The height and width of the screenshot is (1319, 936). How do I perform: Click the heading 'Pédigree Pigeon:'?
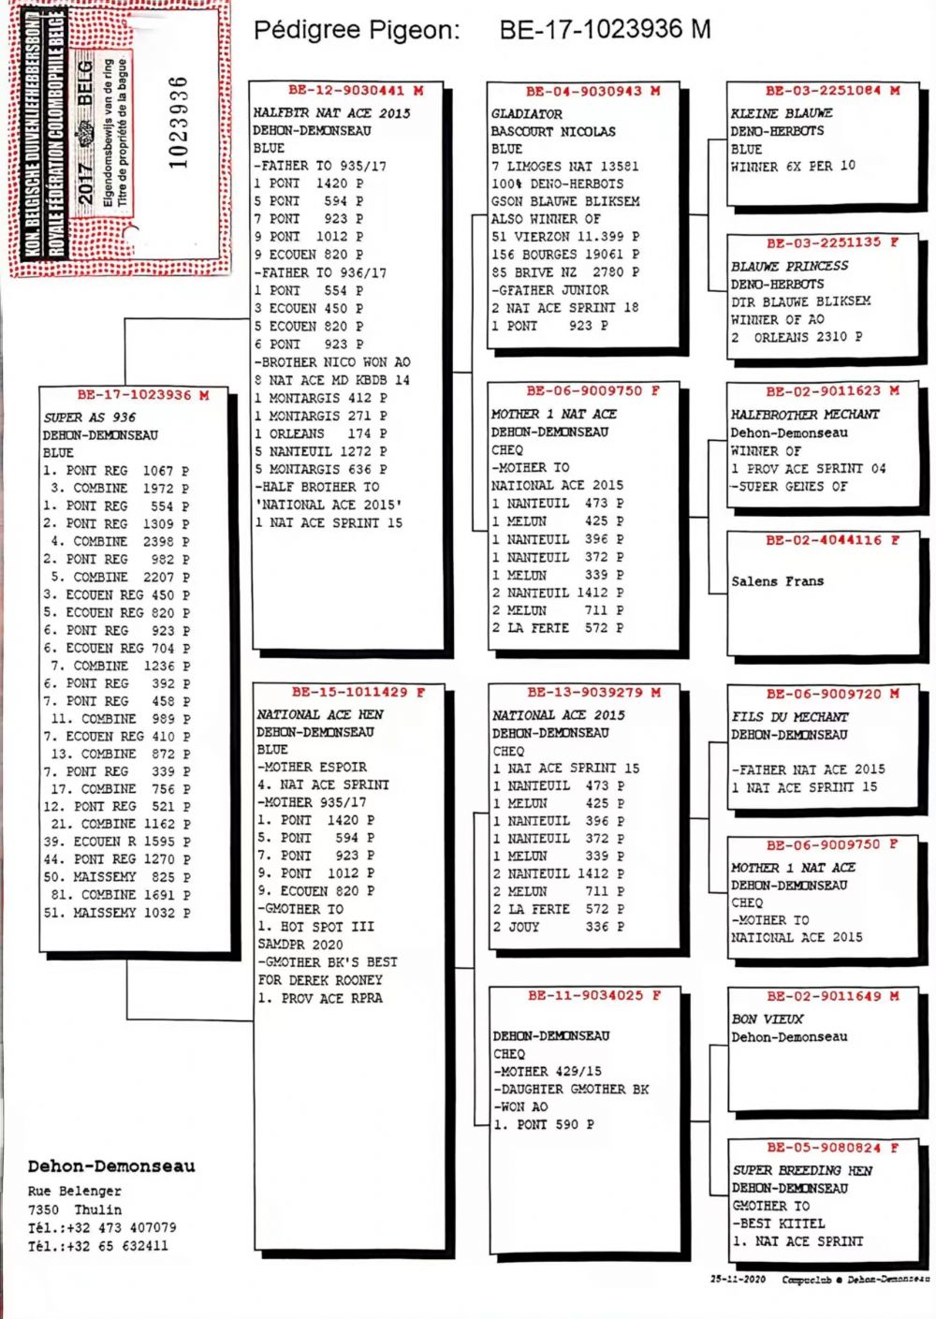coord(357,31)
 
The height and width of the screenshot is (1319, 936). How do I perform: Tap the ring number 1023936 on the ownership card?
coord(178,122)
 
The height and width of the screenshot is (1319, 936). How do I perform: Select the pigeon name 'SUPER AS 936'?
coord(90,418)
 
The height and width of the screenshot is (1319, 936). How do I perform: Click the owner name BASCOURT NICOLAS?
coord(553,132)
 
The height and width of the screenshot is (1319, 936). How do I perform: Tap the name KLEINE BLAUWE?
coord(782,113)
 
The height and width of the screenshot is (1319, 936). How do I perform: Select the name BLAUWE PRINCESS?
coord(790,266)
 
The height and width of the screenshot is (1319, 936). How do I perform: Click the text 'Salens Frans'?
coord(778,581)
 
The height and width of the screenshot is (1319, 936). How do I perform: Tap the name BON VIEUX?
coord(768,1019)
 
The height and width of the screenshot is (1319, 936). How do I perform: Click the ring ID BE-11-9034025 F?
coord(594,996)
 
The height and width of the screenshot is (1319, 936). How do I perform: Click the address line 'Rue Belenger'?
coord(75,1192)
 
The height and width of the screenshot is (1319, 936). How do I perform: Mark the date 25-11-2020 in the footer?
coord(738,1279)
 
